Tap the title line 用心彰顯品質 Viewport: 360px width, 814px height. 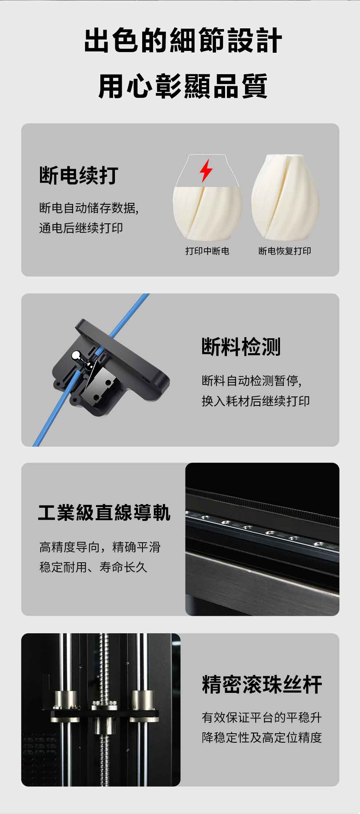point(183,86)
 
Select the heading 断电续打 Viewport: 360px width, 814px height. point(79,175)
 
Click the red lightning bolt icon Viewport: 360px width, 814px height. point(206,170)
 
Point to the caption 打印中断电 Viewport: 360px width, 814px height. point(207,251)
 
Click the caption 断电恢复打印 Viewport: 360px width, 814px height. point(285,251)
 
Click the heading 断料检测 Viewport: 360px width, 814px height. point(241,347)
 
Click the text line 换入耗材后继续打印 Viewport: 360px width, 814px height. point(256,401)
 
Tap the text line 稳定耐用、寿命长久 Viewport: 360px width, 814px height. point(93,567)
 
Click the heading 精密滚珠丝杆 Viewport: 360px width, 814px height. point(262,685)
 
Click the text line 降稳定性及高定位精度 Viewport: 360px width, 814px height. point(262,738)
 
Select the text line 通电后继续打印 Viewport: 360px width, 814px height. point(81,228)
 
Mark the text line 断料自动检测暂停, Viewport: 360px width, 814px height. point(252,381)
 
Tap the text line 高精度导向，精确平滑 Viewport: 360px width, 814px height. point(100,547)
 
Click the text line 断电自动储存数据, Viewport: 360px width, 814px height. point(89,208)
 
